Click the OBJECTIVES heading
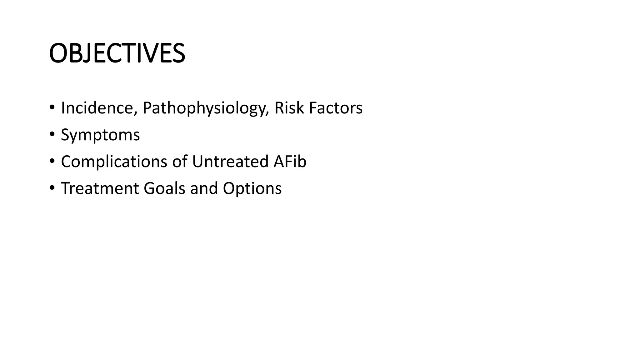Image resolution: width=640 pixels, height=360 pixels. click(x=117, y=53)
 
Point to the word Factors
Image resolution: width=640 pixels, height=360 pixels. click(x=336, y=108)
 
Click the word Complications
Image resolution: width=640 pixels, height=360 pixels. click(x=114, y=162)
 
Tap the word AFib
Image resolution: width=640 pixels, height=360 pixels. click(x=290, y=162)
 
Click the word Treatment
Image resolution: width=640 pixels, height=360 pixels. click(x=100, y=188)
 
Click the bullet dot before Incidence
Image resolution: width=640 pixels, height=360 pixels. click(x=52, y=108)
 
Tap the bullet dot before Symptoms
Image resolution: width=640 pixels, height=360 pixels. click(x=52, y=135)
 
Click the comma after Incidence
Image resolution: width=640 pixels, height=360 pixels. click(x=136, y=113)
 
